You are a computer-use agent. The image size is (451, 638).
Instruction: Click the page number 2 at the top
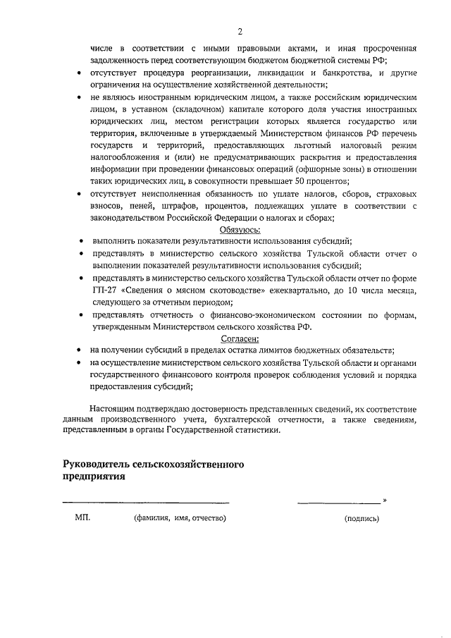click(x=240, y=32)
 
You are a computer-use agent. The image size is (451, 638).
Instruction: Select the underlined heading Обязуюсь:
click(x=240, y=229)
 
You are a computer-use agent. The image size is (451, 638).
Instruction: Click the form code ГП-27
click(x=104, y=292)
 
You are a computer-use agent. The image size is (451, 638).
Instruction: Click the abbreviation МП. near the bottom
click(x=83, y=518)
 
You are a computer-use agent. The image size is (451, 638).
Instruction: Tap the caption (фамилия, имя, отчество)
click(x=180, y=519)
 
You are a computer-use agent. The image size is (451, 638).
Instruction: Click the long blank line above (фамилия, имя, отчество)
click(x=146, y=503)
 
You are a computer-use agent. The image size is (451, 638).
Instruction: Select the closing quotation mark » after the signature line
click(x=385, y=501)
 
